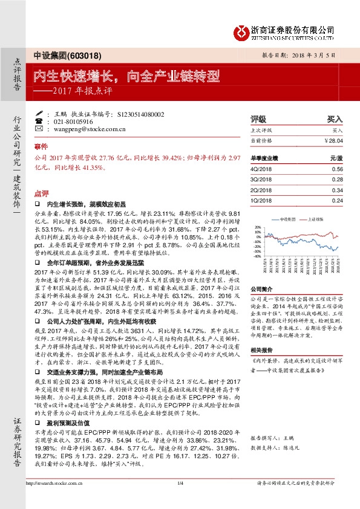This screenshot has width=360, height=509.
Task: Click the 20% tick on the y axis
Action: (257, 227)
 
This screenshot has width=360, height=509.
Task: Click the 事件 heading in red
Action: (41, 147)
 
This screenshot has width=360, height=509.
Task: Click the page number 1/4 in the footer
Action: (180, 499)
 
